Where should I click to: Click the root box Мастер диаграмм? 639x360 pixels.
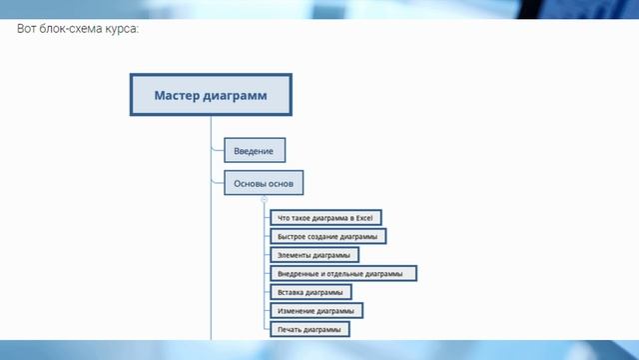(211, 96)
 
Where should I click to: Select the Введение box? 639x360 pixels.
(254, 151)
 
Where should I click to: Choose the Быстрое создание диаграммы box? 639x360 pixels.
(327, 236)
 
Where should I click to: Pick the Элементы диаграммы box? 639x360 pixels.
(314, 255)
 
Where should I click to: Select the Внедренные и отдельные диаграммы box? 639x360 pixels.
(341, 273)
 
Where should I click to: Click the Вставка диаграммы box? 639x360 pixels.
(310, 292)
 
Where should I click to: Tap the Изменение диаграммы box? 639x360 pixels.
(316, 310)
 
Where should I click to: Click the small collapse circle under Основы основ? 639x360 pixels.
(264, 200)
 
